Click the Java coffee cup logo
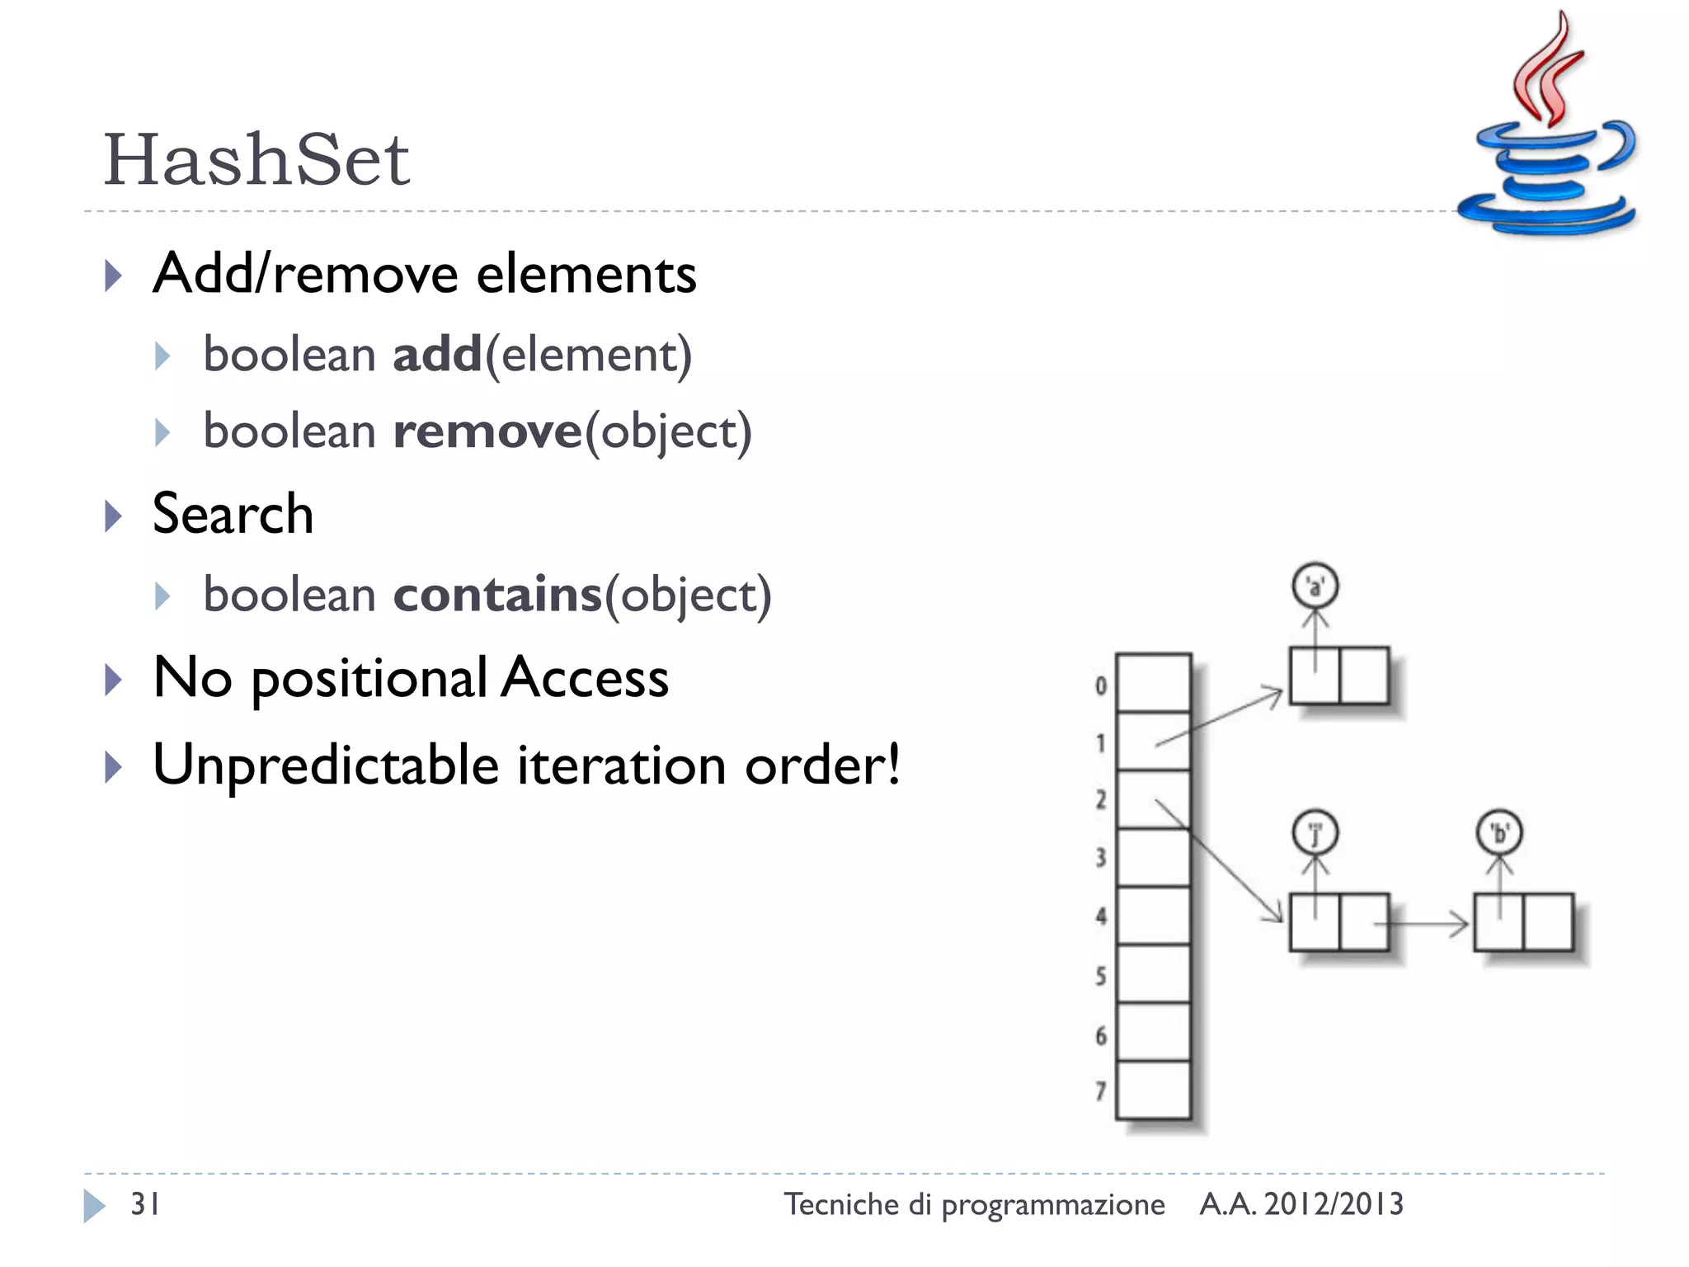point(1546,132)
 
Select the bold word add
point(437,355)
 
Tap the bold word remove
point(487,431)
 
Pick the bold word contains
point(497,595)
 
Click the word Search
point(233,514)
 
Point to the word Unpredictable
point(326,765)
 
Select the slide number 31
point(145,1204)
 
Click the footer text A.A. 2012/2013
point(1301,1204)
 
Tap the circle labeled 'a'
point(1315,586)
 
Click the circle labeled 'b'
point(1498,832)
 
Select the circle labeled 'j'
point(1315,832)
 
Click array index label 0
point(1101,685)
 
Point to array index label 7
point(1101,1091)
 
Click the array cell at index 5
point(1153,974)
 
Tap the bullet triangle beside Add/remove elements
point(114,276)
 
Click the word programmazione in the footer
point(1053,1205)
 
